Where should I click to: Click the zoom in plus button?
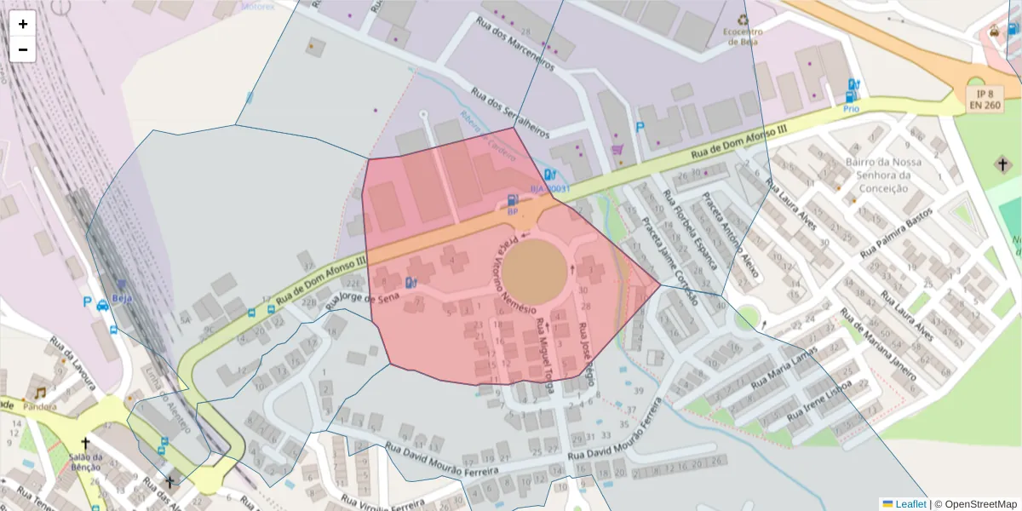(x=23, y=24)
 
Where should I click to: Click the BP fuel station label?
(x=512, y=210)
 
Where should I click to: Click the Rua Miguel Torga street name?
(x=544, y=356)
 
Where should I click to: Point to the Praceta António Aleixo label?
(x=730, y=236)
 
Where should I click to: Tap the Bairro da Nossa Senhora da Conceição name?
(x=883, y=175)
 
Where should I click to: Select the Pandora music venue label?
(x=40, y=406)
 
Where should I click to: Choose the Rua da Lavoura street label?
(x=72, y=361)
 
